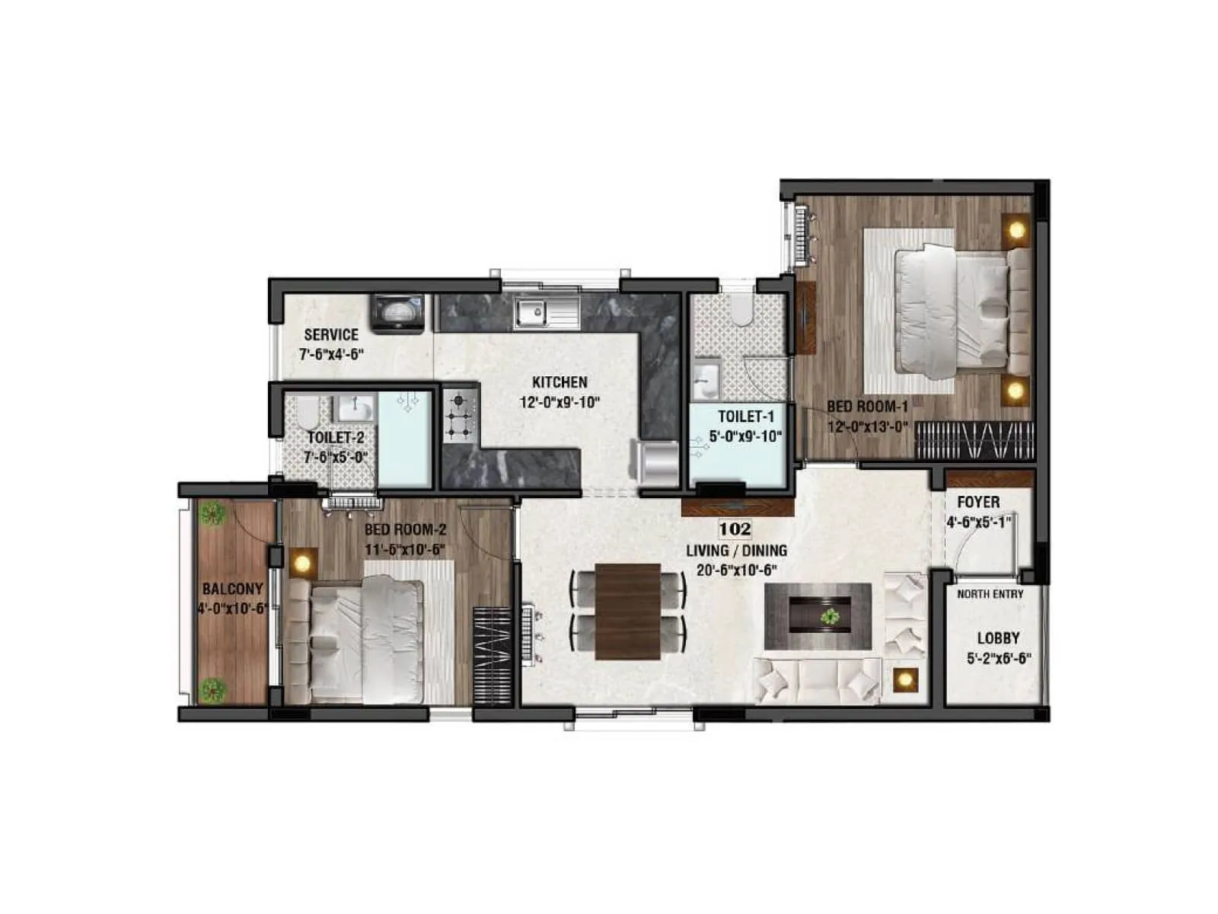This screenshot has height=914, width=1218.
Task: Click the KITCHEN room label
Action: click(560, 382)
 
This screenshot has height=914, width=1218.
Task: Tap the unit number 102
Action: click(735, 529)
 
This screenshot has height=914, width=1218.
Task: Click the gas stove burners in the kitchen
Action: click(460, 416)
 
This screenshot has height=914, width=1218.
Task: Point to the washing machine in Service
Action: click(397, 313)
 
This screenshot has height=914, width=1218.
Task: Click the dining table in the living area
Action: click(628, 611)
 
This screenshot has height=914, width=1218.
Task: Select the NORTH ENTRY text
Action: click(990, 594)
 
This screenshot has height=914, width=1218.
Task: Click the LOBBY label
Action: click(998, 638)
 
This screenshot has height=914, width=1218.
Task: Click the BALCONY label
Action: click(233, 589)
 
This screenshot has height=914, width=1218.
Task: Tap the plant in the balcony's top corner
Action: click(212, 513)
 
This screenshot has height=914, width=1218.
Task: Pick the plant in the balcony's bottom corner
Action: click(212, 690)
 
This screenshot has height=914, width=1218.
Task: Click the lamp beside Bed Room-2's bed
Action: click(303, 563)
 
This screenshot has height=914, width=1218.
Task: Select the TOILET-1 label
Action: click(745, 417)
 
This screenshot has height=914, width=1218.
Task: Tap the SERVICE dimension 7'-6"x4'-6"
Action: click(331, 353)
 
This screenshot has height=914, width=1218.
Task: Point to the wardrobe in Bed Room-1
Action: click(974, 440)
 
